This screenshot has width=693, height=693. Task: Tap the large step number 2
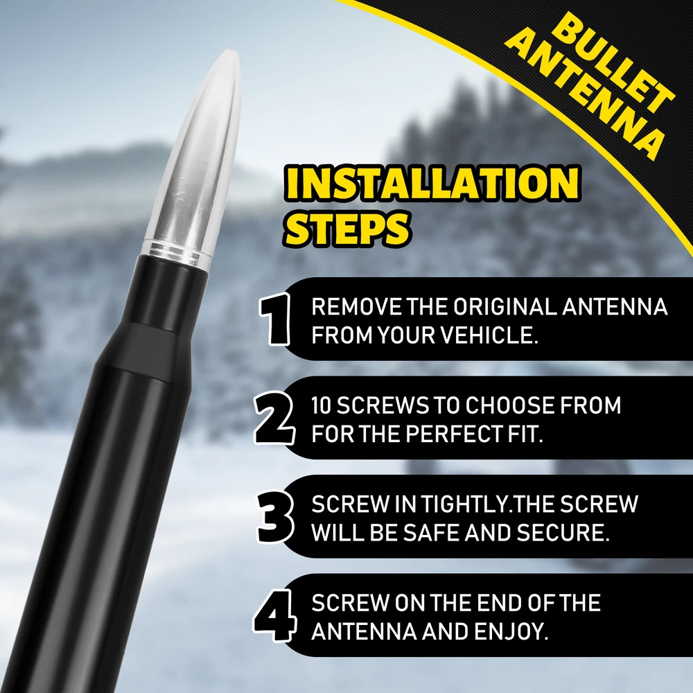[274, 418]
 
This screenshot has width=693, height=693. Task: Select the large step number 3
[276, 517]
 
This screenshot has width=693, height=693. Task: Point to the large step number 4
[273, 615]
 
